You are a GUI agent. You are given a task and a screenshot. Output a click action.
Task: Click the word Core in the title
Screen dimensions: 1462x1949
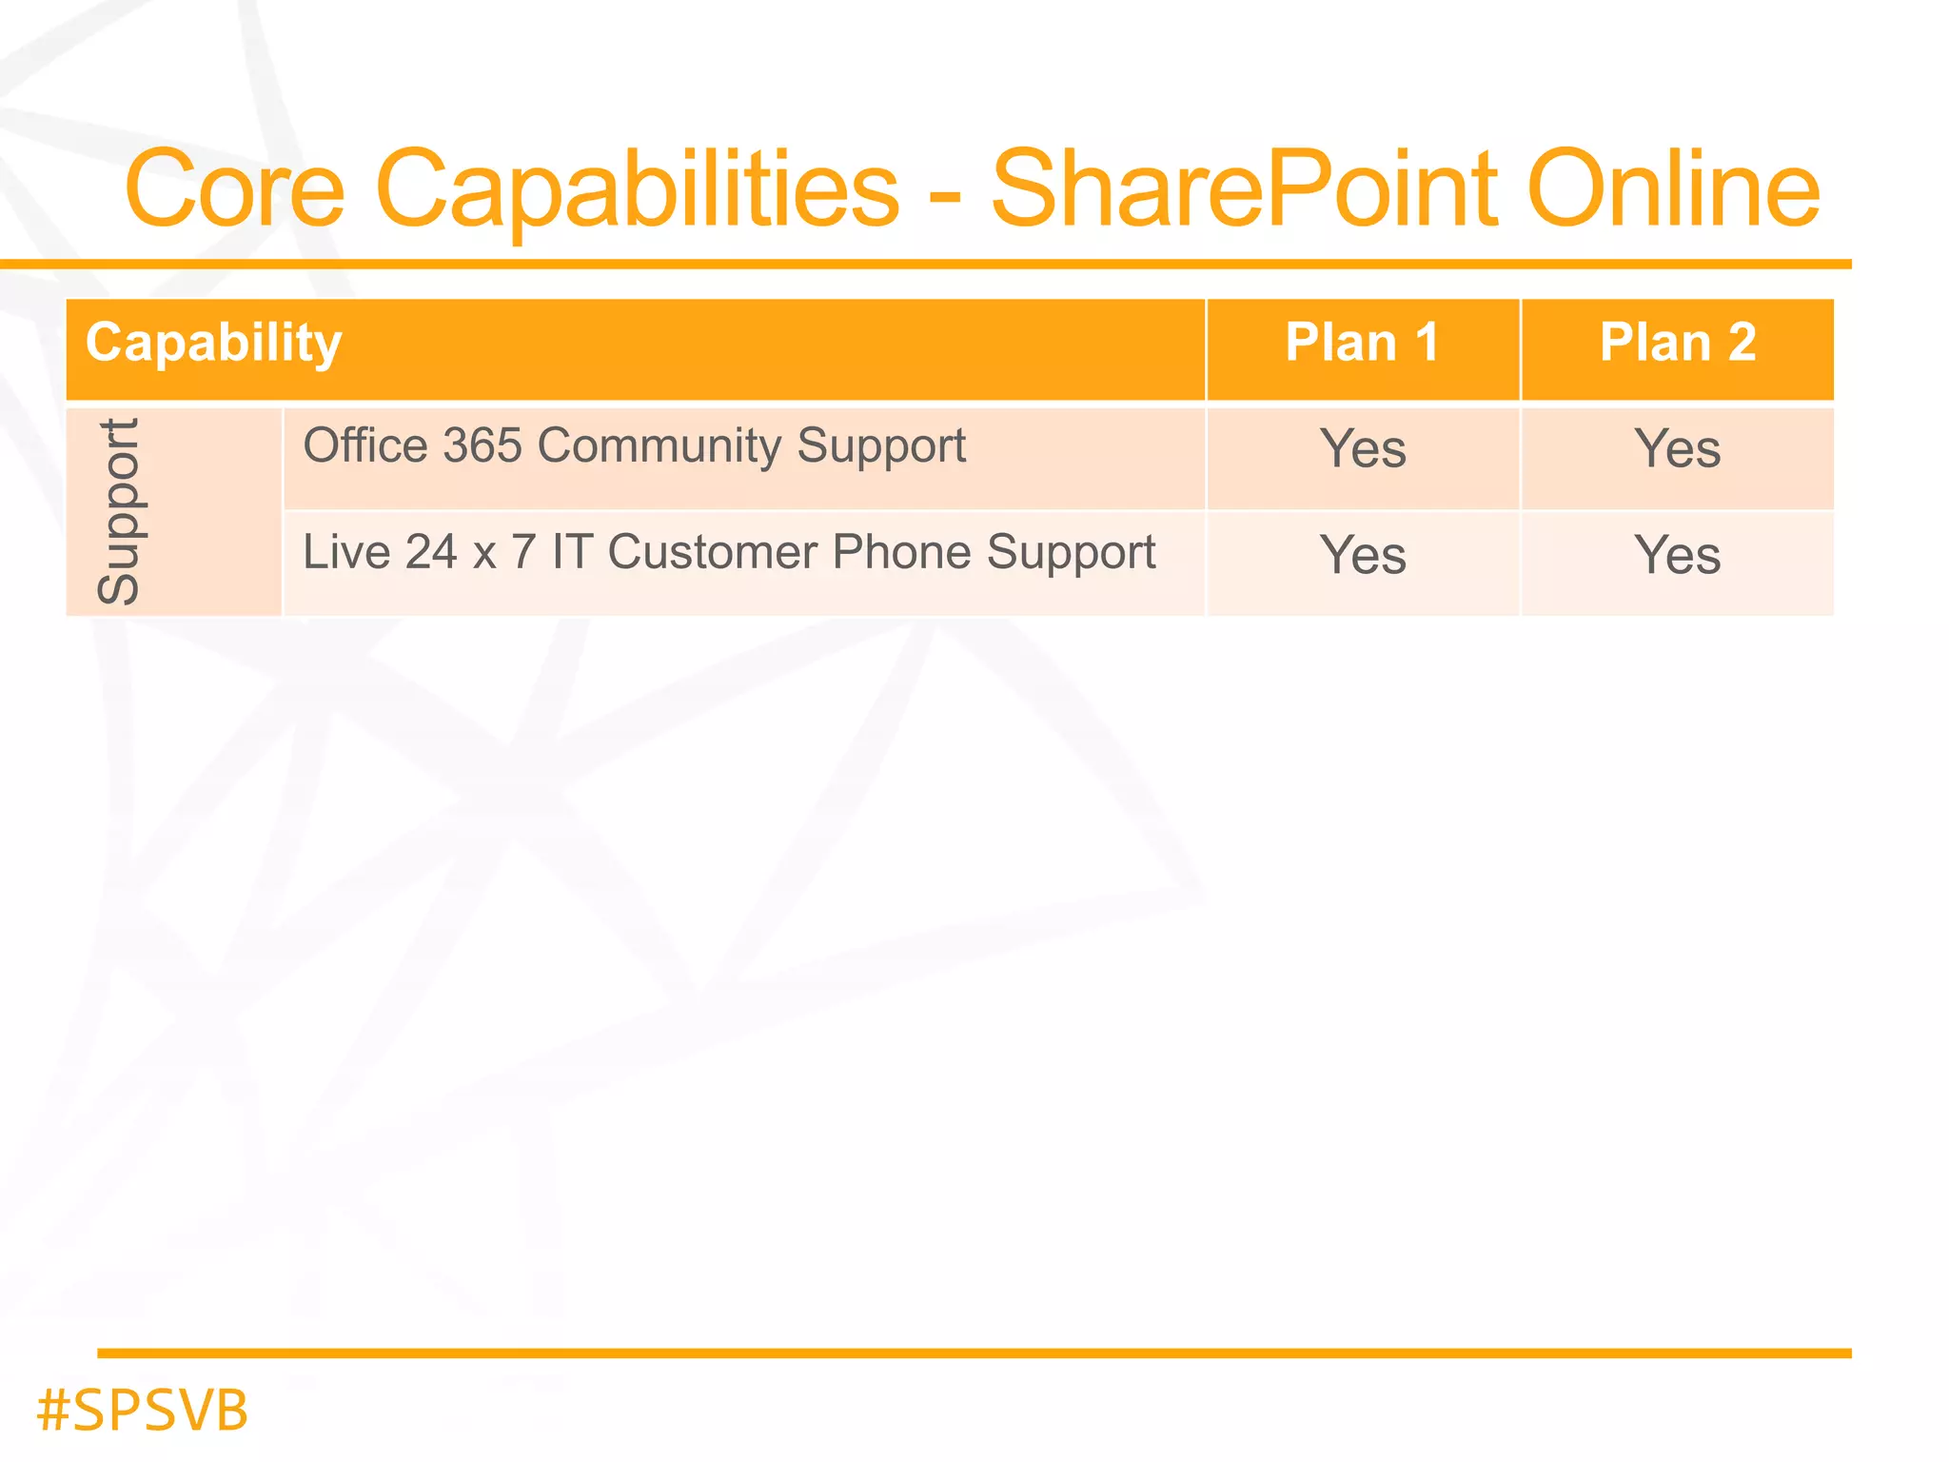[x=234, y=190]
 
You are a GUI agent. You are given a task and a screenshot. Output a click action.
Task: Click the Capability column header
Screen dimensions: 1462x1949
[x=214, y=344]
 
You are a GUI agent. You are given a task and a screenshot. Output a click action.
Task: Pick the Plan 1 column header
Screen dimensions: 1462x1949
[x=1362, y=343]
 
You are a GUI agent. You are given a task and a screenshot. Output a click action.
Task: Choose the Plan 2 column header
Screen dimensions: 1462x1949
[x=1678, y=343]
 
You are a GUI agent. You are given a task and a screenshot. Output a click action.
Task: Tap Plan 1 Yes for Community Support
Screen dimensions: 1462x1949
[x=1363, y=448]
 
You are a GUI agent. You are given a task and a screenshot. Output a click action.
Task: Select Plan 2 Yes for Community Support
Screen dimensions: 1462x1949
[x=1678, y=448]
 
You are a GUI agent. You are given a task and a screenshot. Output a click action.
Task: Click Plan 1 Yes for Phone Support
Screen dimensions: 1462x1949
[x=1363, y=555]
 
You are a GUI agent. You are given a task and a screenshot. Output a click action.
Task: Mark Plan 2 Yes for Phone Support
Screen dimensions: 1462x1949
[x=1678, y=555]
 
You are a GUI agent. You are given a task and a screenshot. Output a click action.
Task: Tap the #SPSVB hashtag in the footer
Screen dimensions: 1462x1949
[x=143, y=1411]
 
